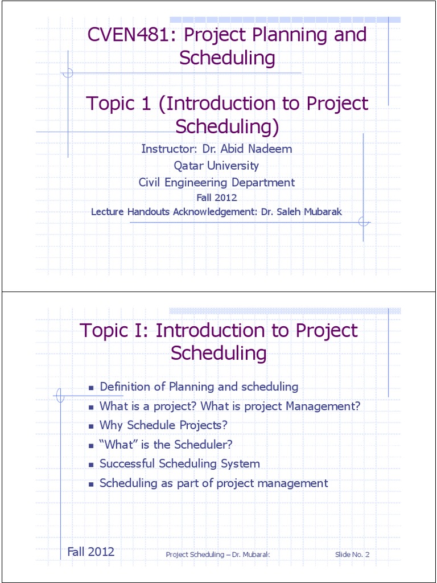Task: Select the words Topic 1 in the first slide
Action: point(118,104)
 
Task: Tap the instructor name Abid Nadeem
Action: point(261,149)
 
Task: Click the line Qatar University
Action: point(216,166)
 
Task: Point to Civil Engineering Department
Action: point(217,183)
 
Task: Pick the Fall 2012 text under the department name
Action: point(216,198)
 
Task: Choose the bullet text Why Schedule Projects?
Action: point(163,425)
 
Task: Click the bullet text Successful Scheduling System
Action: point(180,463)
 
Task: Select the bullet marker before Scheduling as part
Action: point(91,484)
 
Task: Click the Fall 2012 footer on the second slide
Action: point(91,552)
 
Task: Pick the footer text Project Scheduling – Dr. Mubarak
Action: point(217,555)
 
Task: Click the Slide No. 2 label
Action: point(352,555)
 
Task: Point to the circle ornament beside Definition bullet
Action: point(60,394)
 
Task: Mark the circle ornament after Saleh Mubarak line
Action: point(364,221)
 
